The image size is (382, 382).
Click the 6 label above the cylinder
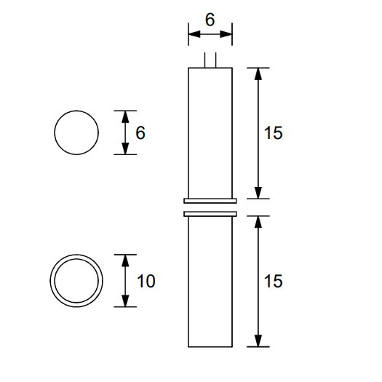pyautogui.click(x=210, y=20)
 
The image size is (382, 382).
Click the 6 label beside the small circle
pyautogui.click(x=140, y=133)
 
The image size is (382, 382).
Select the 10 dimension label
pyautogui.click(x=146, y=281)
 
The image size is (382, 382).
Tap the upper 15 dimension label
pyautogui.click(x=272, y=133)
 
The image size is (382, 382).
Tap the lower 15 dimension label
pyautogui.click(x=272, y=281)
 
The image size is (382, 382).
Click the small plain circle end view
pyautogui.click(x=76, y=133)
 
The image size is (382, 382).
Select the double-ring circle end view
pyautogui.click(x=76, y=281)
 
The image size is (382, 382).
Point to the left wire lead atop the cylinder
pyautogui.click(x=205, y=60)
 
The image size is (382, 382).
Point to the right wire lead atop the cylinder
pyautogui.click(x=215, y=60)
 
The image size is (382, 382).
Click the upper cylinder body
pyautogui.click(x=210, y=131)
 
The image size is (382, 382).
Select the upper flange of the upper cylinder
pyautogui.click(x=210, y=200)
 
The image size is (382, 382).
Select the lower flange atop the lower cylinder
pyautogui.click(x=210, y=214)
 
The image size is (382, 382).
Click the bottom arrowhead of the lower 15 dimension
pyautogui.click(x=258, y=341)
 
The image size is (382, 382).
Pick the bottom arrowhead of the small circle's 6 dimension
pyautogui.click(x=125, y=150)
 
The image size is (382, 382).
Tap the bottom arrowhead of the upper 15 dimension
pyautogui.click(x=258, y=193)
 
